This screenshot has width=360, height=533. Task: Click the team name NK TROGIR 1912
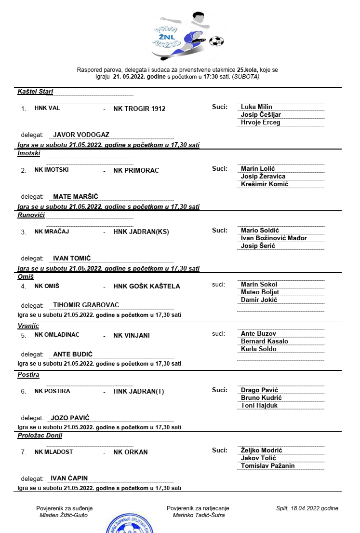139,109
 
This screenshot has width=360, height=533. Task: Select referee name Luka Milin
256,107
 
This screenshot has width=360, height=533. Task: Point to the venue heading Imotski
29,153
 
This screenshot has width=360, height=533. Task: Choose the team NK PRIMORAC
136,170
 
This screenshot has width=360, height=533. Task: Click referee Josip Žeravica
263,177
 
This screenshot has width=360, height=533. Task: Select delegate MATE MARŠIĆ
76,197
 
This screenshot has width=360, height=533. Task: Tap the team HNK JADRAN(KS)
141,232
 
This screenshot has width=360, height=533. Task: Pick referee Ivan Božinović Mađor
274,238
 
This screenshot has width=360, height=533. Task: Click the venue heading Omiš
26,277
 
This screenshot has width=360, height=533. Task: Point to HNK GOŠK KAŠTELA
147,286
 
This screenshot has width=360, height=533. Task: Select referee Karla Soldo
258,349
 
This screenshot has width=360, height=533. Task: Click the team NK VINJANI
132,335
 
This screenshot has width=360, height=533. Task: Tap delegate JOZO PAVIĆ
70,418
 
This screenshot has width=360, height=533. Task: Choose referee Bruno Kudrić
261,398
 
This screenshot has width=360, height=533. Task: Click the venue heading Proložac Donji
40,436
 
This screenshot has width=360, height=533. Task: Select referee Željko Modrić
261,451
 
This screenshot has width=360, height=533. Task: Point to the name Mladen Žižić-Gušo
64,515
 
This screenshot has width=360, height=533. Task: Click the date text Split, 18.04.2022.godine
307,508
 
